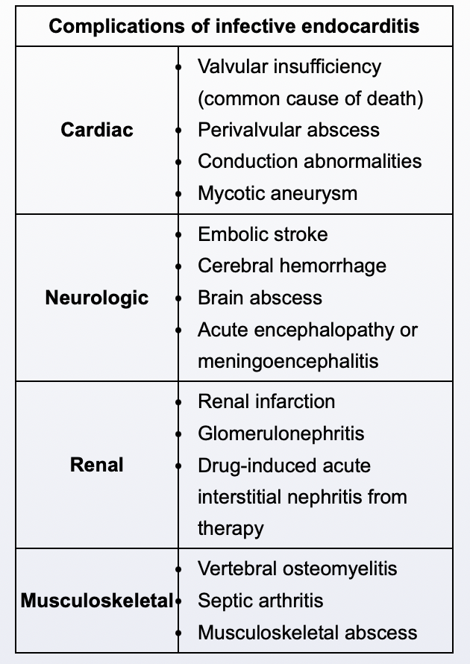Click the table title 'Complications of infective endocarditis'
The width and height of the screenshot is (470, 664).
(234, 27)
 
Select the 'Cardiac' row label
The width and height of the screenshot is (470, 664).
(97, 130)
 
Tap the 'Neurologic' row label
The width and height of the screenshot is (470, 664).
(97, 298)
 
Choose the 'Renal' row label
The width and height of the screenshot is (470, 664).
(97, 465)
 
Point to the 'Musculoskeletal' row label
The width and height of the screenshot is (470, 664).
(97, 601)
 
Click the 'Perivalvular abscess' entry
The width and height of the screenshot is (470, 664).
(288, 130)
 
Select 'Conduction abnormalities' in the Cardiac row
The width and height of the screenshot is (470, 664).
(309, 161)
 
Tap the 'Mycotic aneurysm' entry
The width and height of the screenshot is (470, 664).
(277, 193)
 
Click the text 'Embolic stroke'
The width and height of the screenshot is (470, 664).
(262, 234)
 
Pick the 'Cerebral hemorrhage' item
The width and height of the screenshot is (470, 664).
(292, 266)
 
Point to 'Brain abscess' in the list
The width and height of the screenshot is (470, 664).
(260, 298)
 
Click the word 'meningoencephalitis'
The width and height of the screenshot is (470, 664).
(288, 361)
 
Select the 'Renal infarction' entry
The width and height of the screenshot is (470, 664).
(266, 401)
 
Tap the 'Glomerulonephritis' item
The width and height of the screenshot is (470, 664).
(281, 433)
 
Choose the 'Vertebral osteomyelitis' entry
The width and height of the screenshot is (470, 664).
(297, 569)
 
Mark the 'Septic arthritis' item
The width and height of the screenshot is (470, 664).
(260, 601)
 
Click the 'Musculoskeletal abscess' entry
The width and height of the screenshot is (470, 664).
(307, 633)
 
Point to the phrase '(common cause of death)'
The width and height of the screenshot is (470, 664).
(310, 98)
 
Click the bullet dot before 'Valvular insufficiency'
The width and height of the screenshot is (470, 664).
(178, 67)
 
